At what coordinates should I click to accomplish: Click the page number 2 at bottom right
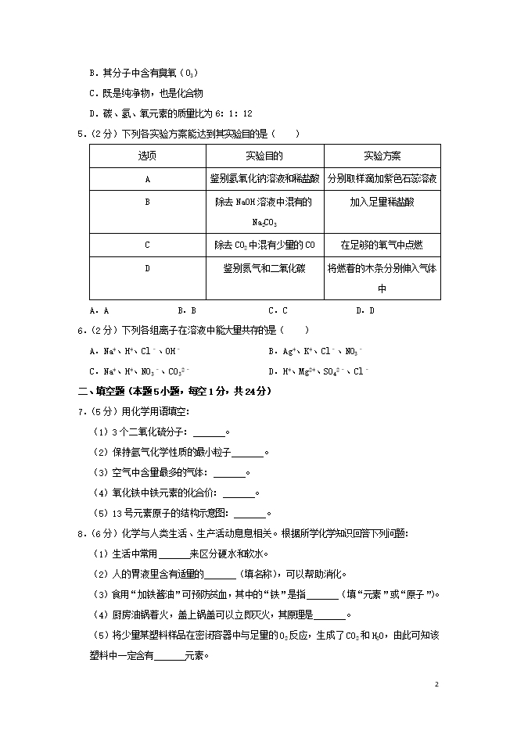pyautogui.click(x=437, y=684)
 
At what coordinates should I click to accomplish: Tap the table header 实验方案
pyautogui.click(x=382, y=156)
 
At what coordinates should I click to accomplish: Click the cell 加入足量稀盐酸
pyautogui.click(x=382, y=202)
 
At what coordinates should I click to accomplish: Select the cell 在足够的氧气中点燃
pyautogui.click(x=382, y=245)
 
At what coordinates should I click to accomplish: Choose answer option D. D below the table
pyautogui.click(x=365, y=310)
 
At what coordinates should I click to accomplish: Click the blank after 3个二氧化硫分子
pyautogui.click(x=209, y=432)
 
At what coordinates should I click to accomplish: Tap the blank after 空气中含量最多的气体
pyautogui.click(x=229, y=473)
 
